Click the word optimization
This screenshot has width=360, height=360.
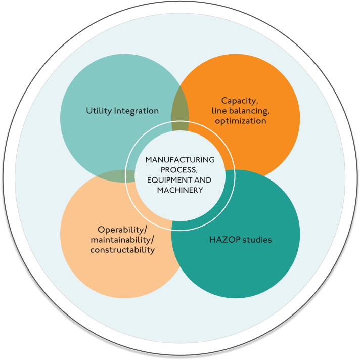click(240, 121)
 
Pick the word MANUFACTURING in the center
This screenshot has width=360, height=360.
click(180, 160)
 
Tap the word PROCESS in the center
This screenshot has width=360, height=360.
click(178, 170)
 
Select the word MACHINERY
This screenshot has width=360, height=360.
click(180, 190)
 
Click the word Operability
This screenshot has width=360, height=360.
click(120, 229)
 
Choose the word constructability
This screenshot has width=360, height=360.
click(122, 249)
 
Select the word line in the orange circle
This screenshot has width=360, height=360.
click(220, 111)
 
